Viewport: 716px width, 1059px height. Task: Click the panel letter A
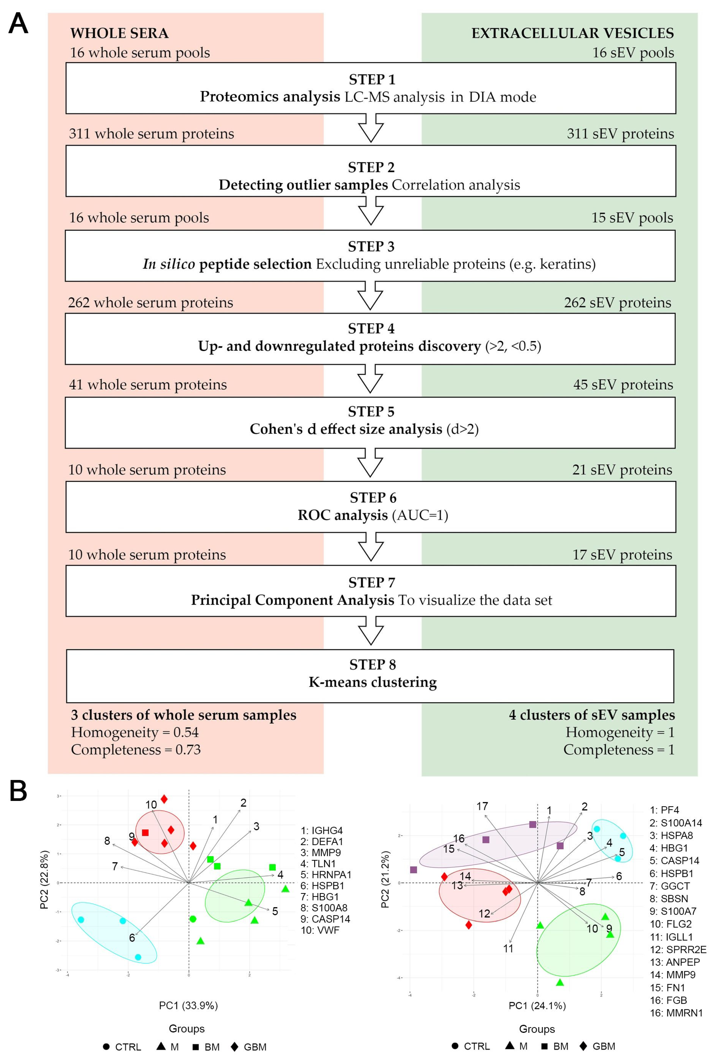point(18,24)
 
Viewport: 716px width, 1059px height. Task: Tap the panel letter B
point(18,792)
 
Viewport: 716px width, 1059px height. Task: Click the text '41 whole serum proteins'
point(148,385)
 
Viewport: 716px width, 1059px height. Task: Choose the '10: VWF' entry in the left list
point(320,930)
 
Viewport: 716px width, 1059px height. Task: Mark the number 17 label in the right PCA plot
point(482,807)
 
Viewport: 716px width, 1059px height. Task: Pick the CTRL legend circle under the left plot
point(106,1047)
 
